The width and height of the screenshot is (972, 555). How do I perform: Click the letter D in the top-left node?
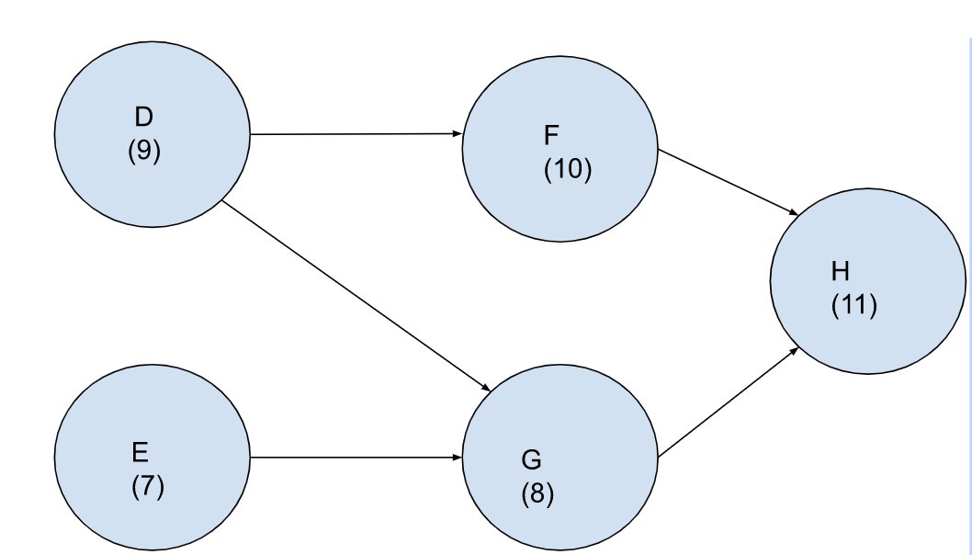click(144, 118)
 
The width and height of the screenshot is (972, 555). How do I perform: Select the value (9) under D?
click(144, 151)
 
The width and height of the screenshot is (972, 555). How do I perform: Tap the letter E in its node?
click(141, 453)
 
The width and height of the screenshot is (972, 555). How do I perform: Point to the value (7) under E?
click(147, 486)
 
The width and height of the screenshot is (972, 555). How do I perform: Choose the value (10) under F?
click(568, 171)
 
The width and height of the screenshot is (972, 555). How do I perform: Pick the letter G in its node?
click(531, 459)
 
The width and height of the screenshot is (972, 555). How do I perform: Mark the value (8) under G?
click(537, 493)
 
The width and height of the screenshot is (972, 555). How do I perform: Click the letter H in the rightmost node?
click(841, 272)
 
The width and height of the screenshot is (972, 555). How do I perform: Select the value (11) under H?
click(854, 306)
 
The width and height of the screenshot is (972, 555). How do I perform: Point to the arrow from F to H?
click(726, 182)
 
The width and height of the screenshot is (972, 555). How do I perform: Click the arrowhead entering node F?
click(457, 133)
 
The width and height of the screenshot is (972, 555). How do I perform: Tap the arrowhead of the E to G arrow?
click(457, 457)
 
